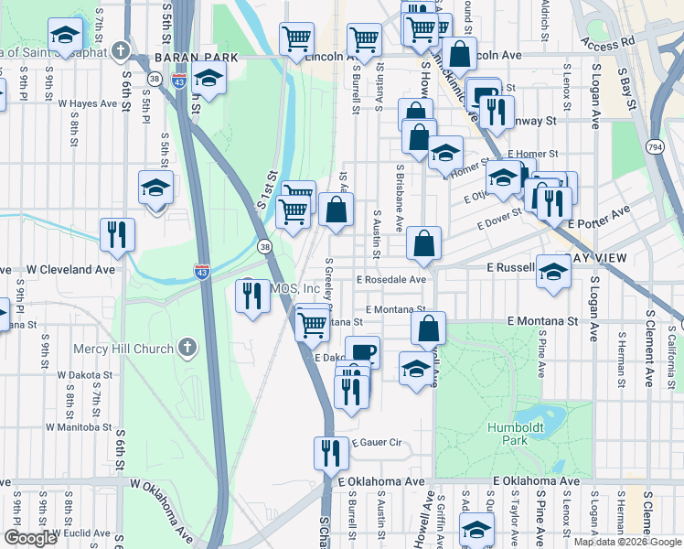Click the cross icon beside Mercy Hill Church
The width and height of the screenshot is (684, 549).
[187, 348]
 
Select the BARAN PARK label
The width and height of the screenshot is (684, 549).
[197, 57]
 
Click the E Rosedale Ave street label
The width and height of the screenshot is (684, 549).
[392, 279]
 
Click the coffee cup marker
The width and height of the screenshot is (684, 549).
[362, 351]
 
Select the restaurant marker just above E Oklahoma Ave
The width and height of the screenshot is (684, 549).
[330, 451]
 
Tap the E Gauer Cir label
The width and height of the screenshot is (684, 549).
[375, 442]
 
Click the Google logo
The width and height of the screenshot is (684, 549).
[30, 538]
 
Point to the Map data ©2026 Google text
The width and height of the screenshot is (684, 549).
[626, 542]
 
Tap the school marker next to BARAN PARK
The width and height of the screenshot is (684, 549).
[209, 79]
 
